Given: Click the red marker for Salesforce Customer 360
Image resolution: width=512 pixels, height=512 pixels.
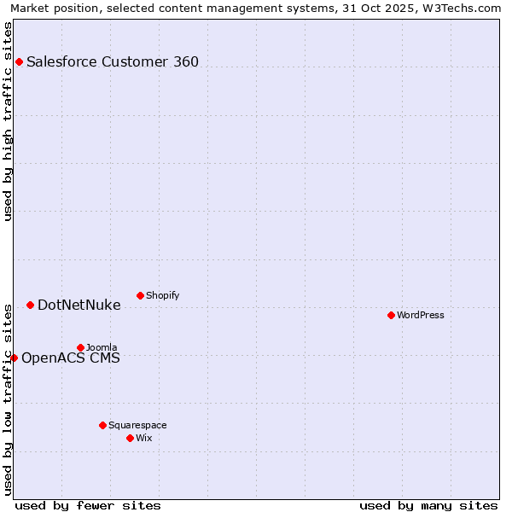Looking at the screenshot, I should [19, 61].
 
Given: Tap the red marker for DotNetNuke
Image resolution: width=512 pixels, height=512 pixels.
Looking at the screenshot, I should [30, 305].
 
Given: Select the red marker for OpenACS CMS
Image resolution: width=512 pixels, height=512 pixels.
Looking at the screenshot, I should [14, 358].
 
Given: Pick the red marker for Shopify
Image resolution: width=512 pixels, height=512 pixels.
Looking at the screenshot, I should [140, 295].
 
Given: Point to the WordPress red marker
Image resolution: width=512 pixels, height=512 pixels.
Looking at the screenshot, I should [391, 315].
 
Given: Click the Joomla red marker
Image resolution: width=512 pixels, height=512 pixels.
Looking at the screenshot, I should [80, 347].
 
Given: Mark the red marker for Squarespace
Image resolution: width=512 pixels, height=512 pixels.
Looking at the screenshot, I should [102, 425].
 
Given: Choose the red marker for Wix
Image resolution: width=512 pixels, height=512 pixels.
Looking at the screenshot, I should [130, 438].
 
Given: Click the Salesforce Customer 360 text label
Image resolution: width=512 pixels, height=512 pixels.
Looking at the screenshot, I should [113, 61].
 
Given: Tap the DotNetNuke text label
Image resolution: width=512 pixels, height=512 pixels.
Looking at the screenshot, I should [79, 305].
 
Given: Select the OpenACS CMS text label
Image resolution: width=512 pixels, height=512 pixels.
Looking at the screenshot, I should [70, 358].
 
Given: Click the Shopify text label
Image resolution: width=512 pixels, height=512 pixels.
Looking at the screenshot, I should [162, 295].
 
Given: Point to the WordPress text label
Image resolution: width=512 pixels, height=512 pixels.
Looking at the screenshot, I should [421, 315].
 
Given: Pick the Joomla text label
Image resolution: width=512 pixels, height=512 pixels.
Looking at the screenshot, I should [102, 347].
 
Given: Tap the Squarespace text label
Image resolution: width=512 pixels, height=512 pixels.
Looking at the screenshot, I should [137, 425].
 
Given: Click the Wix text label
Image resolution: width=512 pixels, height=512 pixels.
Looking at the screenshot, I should [143, 438].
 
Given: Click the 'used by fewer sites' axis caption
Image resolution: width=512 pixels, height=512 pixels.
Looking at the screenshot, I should [88, 505].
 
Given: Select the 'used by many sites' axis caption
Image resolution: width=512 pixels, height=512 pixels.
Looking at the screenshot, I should [428, 505].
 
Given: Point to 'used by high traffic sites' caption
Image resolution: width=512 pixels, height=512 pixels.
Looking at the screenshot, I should [8, 121].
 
